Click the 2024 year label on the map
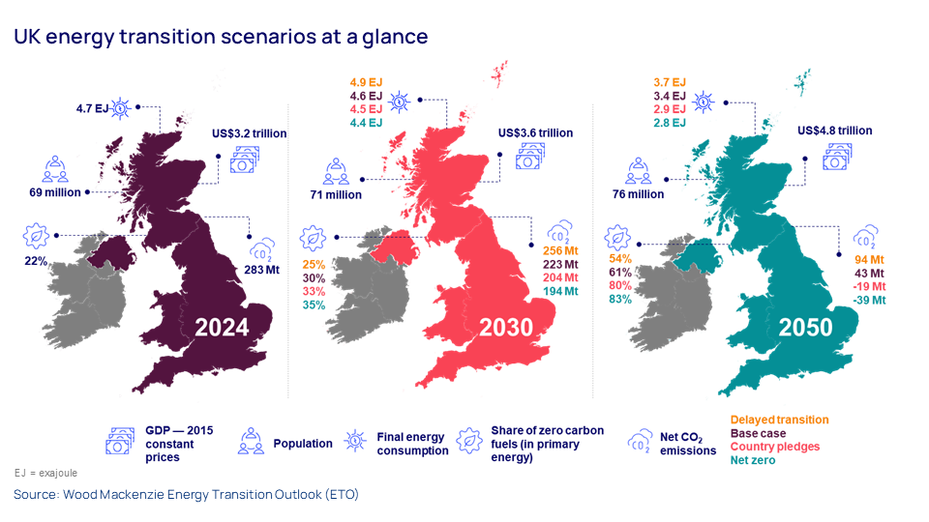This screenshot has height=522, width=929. pos(222,328)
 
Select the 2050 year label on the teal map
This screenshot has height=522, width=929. pos(805,328)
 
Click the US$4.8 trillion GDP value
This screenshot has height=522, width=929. pos(834,130)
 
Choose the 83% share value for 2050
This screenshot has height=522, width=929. pos(620,300)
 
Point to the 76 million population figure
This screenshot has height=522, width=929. pos(639,194)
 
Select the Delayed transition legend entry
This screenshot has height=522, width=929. pos(779,420)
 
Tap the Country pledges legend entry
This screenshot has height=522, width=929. pos(774,447)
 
